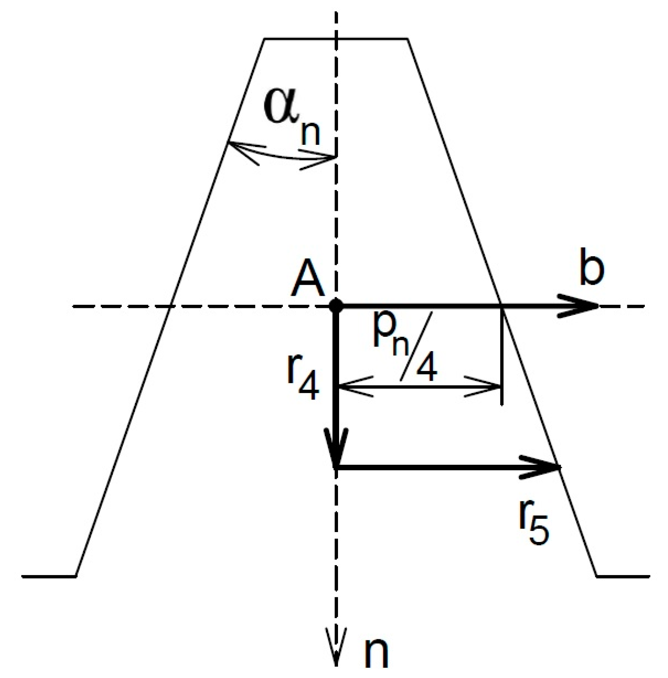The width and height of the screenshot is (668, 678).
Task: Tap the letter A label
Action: (309, 283)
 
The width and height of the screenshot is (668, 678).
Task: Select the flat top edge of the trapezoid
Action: (336, 39)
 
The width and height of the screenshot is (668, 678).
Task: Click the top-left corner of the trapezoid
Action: (265, 39)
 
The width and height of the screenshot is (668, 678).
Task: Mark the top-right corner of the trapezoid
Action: (408, 39)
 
